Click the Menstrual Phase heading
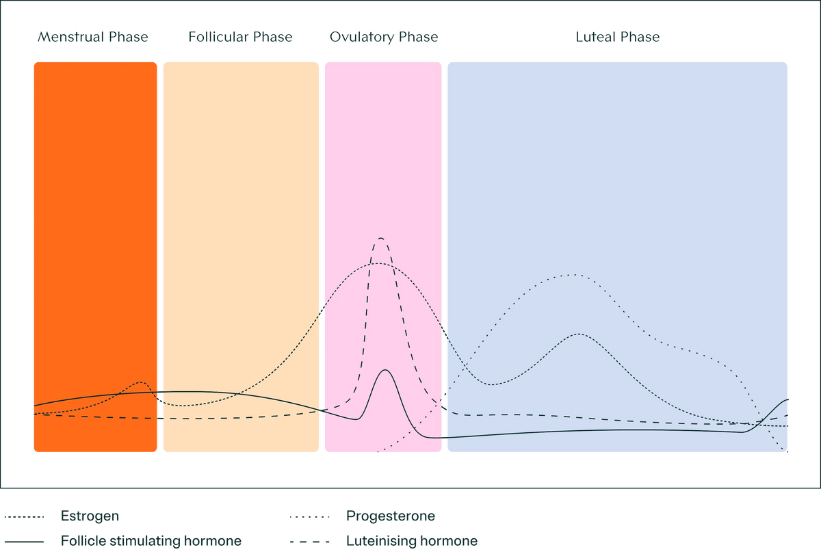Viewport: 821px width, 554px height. click(x=93, y=37)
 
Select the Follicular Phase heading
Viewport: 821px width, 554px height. click(x=240, y=37)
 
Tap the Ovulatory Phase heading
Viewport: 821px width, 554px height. click(x=383, y=37)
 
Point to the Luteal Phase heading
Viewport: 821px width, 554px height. click(x=617, y=37)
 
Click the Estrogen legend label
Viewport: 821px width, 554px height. click(x=90, y=516)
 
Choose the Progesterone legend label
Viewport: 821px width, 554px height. click(x=390, y=516)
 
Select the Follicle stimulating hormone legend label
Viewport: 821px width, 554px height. click(x=151, y=541)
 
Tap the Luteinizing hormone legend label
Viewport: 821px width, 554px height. click(x=411, y=541)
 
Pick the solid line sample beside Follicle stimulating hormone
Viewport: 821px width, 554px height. click(x=25, y=541)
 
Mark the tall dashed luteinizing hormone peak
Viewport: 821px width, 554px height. click(x=380, y=238)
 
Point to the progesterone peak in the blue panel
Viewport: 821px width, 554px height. click(x=571, y=275)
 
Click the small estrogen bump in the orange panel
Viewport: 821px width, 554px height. click(x=141, y=382)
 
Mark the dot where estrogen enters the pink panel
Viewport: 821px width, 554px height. click(x=322, y=311)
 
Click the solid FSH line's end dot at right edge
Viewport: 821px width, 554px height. click(x=788, y=399)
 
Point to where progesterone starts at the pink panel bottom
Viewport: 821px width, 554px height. click(x=378, y=452)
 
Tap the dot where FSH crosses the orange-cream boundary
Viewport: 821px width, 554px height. click(x=159, y=392)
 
